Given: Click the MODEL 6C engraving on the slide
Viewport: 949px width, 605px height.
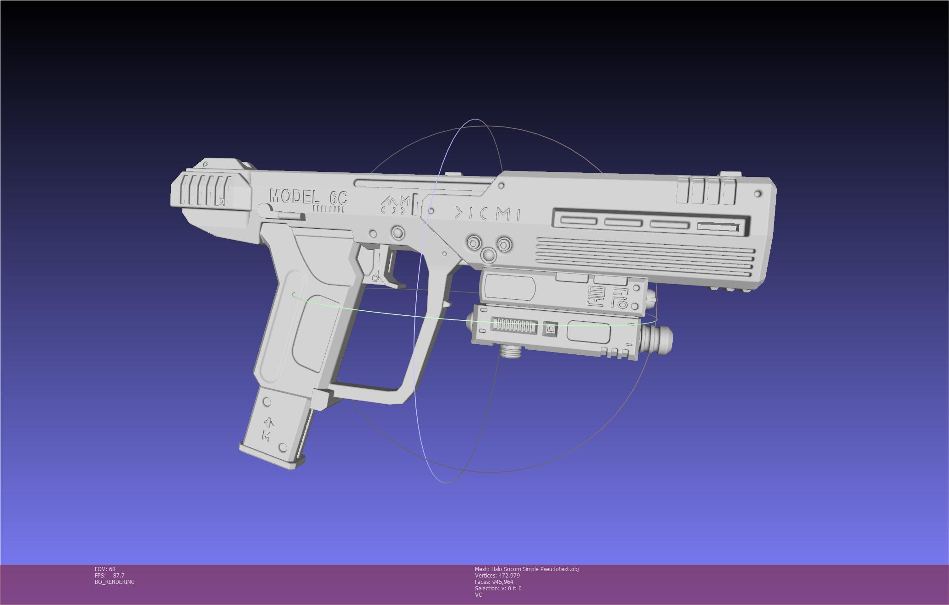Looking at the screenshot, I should (308, 198).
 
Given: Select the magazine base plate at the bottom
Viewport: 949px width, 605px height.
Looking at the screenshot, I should (272, 457).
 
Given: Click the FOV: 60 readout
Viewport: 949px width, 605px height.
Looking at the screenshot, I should (105, 569).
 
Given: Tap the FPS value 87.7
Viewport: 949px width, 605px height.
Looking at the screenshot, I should (119, 576).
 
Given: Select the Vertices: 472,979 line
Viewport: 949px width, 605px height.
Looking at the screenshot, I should (497, 576).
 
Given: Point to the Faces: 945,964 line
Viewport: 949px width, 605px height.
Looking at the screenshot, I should (494, 582).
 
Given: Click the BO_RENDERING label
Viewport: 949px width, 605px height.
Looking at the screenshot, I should (115, 582).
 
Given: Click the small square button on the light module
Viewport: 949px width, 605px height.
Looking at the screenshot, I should (550, 329).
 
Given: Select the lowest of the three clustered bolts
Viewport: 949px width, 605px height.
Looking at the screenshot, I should (489, 255).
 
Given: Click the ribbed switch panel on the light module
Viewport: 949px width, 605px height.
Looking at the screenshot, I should (514, 325).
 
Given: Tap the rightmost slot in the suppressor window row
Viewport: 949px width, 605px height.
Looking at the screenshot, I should (718, 227).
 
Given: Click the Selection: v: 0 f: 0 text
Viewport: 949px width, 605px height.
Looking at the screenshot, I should (498, 588).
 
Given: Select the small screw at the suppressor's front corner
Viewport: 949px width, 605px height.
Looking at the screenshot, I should (758, 194).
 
